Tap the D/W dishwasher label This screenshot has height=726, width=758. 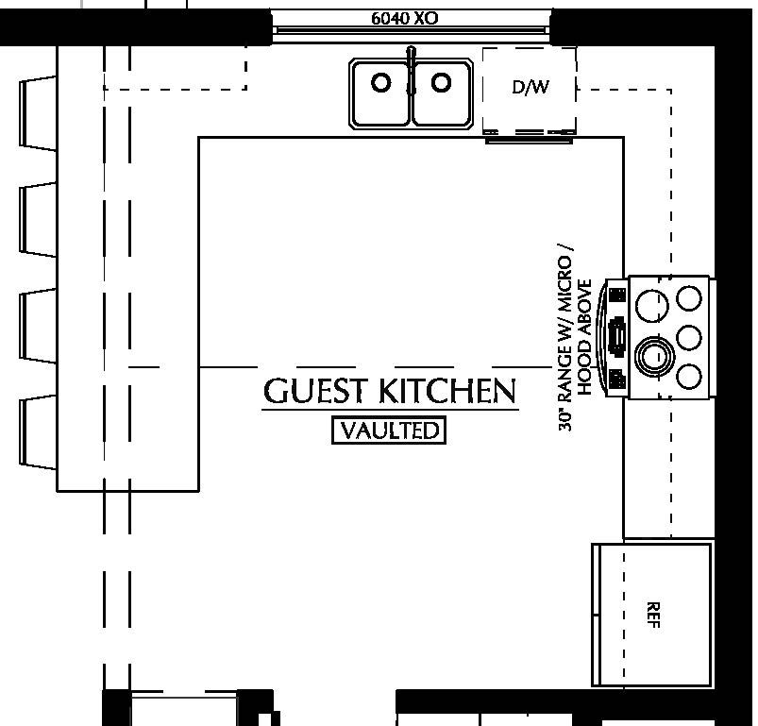tap(530, 88)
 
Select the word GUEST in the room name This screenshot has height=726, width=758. tap(316, 391)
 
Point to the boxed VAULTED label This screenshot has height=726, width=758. tap(389, 431)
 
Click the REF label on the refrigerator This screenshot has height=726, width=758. tap(653, 615)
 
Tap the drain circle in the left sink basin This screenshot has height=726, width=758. tap(380, 83)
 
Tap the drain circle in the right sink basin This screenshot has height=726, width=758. tap(441, 83)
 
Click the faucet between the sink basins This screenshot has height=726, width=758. tap(411, 71)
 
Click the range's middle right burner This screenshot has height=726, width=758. tap(690, 337)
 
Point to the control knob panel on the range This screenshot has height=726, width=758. tap(617, 336)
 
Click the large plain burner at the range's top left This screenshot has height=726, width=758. tap(650, 304)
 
